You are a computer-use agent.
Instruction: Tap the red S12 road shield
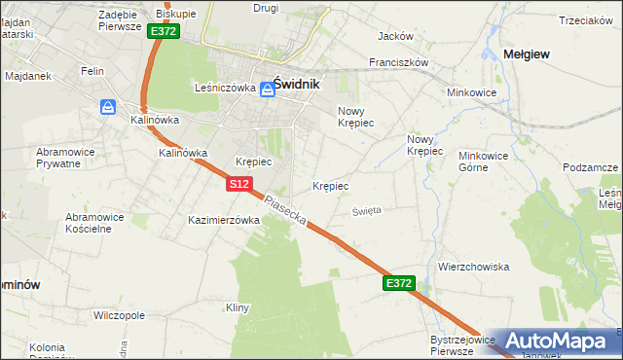(240, 183)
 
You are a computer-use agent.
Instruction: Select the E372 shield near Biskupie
(164, 31)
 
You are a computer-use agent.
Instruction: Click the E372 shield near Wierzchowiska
(399, 283)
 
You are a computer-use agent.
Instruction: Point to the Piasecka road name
(286, 210)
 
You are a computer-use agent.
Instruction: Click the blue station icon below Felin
(108, 107)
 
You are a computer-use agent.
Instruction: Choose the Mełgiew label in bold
(526, 54)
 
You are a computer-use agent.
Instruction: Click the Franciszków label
(399, 61)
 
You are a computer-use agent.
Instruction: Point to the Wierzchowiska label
(474, 267)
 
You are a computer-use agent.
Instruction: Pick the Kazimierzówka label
(224, 220)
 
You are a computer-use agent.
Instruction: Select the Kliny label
(238, 308)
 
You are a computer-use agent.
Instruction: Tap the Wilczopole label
(119, 316)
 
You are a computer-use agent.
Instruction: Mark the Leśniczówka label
(225, 88)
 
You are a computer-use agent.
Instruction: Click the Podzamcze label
(591, 167)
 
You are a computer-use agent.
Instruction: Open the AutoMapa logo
(555, 341)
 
